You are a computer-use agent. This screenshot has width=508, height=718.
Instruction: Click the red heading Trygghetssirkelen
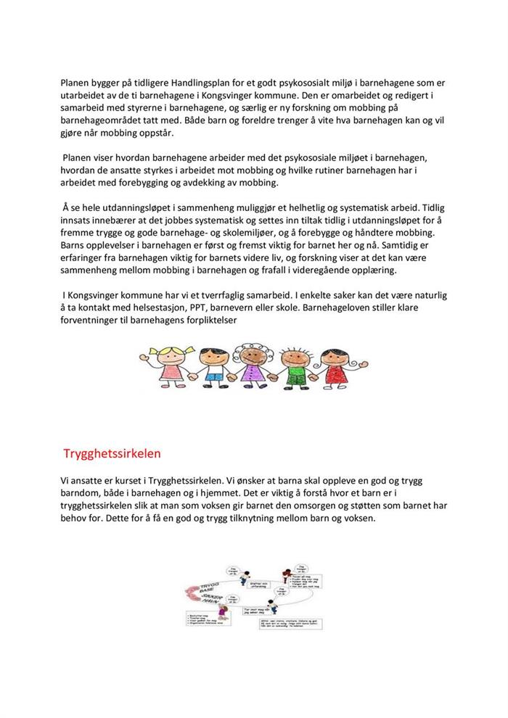click(x=112, y=453)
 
